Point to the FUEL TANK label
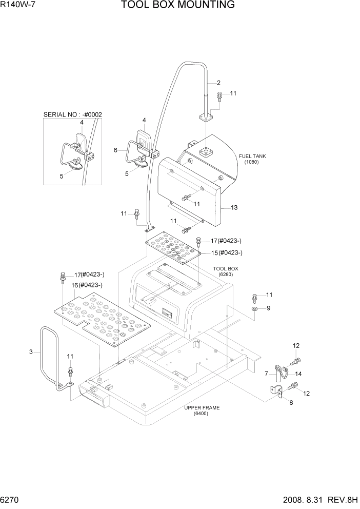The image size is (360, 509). coord(251,156)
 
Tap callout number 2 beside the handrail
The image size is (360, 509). coord(218,83)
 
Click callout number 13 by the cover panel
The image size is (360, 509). coord(234,208)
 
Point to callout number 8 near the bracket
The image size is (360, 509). coord(291,403)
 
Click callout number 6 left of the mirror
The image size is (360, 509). coord(115,150)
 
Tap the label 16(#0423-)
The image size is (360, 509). coord(87,285)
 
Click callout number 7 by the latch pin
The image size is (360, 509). coord(266,373)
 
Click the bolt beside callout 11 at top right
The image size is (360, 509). coord(219,95)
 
